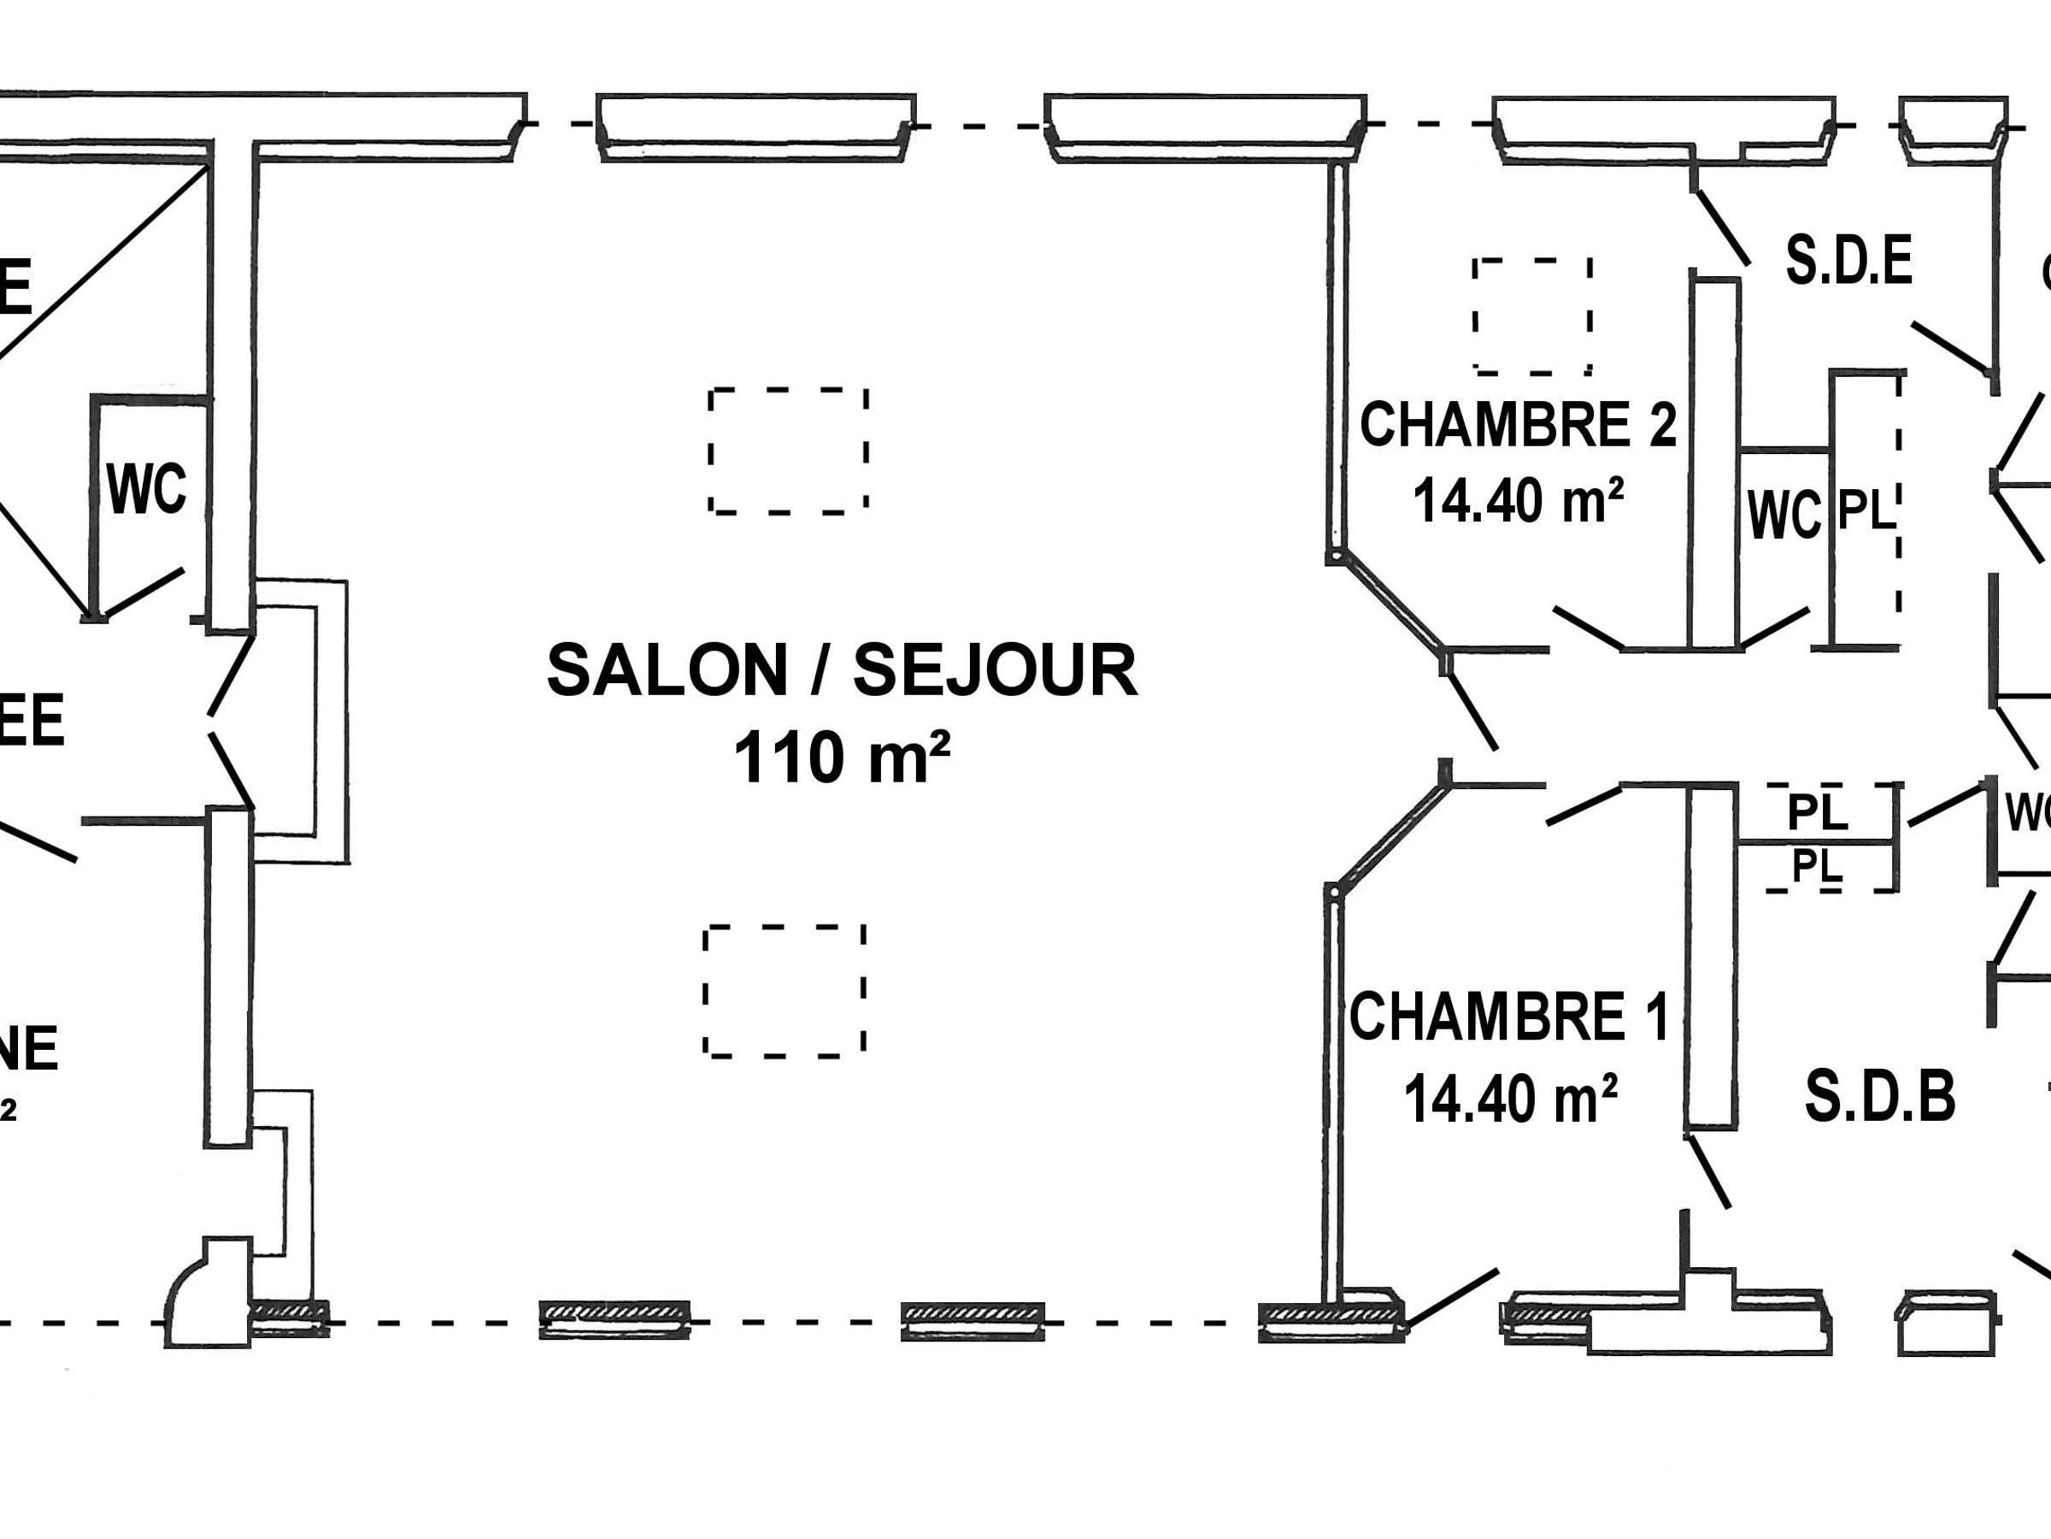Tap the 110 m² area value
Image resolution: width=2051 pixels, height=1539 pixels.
[x=842, y=758]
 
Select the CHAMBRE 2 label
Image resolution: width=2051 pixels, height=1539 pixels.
[x=1518, y=425]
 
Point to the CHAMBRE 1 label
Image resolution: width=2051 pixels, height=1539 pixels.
[x=1508, y=1017]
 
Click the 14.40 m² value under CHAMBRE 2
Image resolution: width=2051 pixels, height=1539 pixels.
[x=1518, y=502]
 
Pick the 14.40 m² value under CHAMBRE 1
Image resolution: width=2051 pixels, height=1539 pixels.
[x=1510, y=1100]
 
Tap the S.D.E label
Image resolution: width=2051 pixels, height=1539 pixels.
[x=1848, y=262]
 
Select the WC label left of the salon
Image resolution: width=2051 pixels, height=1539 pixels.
[x=146, y=489]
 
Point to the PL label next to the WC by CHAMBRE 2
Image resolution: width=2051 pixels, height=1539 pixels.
[x=1865, y=510]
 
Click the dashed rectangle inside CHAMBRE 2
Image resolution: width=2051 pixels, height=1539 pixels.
[x=1531, y=316]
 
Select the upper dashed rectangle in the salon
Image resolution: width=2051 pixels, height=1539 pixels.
[x=788, y=450]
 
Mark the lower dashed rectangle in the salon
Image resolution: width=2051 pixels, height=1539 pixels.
[x=785, y=991]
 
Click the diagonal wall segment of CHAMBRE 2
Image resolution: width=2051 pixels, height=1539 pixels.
[x=1387, y=602]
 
